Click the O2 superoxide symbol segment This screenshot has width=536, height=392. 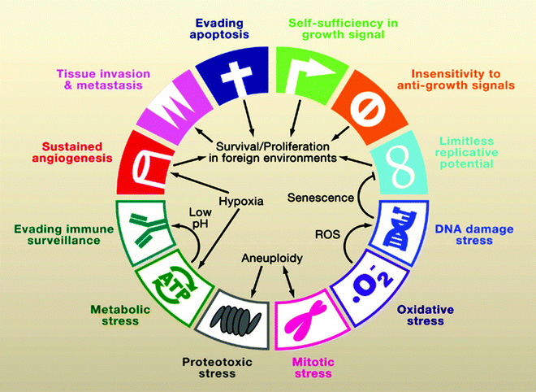[362, 285]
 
